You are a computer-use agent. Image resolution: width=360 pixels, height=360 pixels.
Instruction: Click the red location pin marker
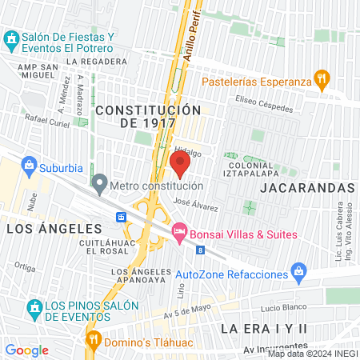180,164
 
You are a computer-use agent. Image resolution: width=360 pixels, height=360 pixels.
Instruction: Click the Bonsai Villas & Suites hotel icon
180,233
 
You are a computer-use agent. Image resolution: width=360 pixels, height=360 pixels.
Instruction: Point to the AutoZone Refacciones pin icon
299,274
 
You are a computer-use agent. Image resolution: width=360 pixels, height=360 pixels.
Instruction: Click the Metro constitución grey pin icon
99,185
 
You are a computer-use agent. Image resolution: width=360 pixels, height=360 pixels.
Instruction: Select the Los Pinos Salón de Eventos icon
34,308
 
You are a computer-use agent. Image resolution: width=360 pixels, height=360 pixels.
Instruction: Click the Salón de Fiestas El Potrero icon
12,38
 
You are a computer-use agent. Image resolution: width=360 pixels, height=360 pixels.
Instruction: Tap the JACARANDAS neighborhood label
307,186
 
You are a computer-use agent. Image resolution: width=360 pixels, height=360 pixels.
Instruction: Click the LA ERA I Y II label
264,328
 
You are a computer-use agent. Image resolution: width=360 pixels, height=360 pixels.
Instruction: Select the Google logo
26,350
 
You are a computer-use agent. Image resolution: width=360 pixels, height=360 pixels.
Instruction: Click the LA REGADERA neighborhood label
98,61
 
